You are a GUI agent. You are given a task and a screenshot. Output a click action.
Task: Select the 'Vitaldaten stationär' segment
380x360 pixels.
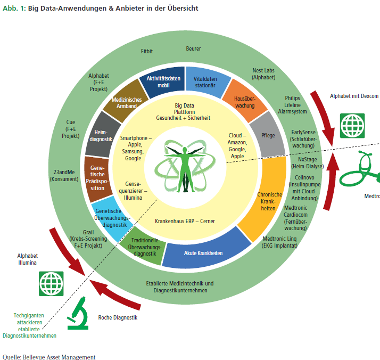point(204,81)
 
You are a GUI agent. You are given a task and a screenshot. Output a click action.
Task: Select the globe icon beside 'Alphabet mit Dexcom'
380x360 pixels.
point(352,126)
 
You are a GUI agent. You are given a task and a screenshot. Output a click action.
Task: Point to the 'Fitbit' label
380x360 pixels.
point(147,51)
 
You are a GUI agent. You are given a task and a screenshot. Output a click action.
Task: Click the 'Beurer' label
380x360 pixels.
point(193,48)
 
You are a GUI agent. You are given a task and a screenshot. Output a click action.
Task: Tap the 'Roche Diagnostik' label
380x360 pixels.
point(118,317)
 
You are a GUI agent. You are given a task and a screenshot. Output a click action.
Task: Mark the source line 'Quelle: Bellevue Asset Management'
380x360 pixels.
point(49,356)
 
